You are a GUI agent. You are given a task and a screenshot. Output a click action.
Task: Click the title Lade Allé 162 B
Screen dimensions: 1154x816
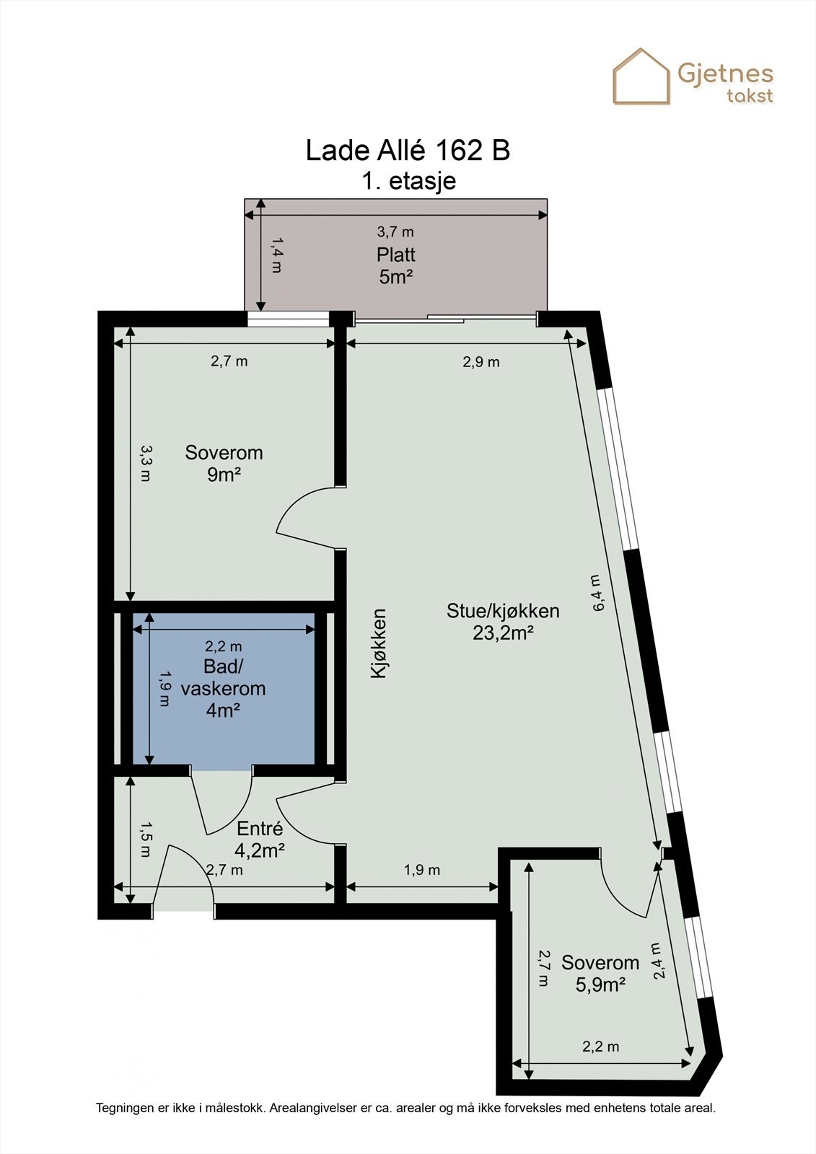[408, 151]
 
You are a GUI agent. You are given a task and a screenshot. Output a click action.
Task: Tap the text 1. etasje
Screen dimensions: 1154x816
[408, 180]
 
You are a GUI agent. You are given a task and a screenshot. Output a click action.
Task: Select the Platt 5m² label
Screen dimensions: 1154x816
[395, 265]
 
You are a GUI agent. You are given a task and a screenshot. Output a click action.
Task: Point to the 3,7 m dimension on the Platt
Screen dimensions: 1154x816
[395, 232]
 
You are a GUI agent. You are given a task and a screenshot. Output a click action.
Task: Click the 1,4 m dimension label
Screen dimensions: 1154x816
[275, 255]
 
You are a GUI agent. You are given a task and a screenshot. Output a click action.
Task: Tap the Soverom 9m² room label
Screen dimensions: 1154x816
[224, 463]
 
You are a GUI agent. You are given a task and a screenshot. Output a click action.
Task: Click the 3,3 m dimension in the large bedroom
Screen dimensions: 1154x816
[145, 463]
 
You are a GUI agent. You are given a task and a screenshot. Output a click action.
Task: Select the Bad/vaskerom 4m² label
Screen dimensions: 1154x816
[223, 688]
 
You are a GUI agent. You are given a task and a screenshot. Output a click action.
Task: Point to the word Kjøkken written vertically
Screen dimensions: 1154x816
[378, 643]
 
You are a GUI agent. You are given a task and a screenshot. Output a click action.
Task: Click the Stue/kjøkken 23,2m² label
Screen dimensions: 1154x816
[503, 621]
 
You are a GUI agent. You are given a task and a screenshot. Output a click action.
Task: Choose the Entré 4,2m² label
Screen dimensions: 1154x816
[260, 840]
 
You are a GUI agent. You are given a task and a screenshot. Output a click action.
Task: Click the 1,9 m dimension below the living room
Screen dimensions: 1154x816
[421, 870]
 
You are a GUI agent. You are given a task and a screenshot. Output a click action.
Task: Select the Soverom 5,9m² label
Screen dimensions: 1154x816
[600, 973]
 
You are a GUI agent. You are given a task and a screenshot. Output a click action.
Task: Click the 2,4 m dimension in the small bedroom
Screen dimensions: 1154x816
[657, 961]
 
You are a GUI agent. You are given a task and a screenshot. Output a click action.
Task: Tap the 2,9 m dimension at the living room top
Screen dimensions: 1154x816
[481, 362]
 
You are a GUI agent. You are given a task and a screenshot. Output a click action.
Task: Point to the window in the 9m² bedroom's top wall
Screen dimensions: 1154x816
[288, 319]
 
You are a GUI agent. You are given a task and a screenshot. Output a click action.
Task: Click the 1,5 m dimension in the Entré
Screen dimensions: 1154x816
[145, 840]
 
